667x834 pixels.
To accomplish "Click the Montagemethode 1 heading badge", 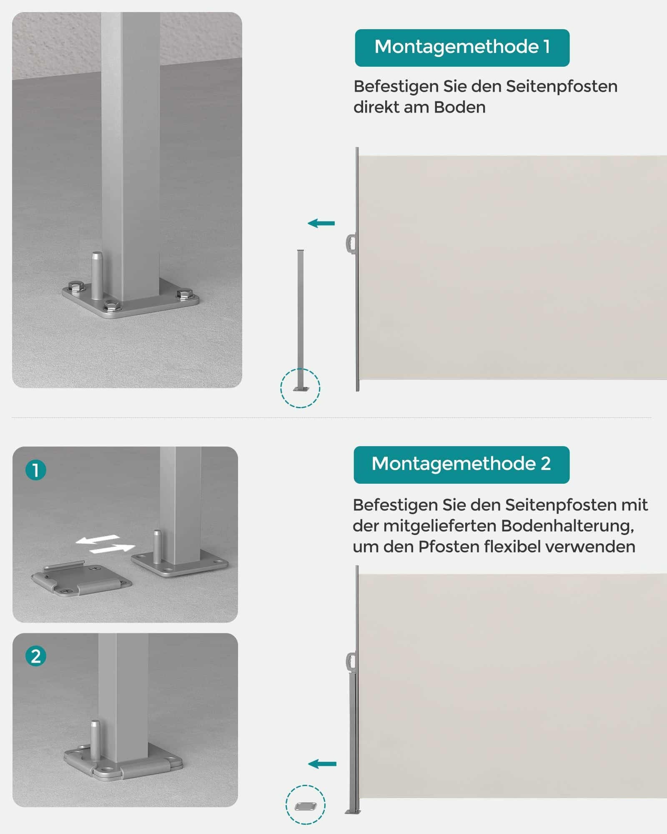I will [x=462, y=48].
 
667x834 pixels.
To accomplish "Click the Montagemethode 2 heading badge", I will [x=461, y=465].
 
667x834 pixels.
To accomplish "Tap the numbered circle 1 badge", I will [x=36, y=470].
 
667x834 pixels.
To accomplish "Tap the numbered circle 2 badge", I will [x=36, y=656].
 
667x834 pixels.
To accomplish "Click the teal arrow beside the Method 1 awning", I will [x=321, y=224].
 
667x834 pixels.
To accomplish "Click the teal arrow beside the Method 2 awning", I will [x=322, y=764].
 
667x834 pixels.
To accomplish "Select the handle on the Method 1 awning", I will [x=351, y=244].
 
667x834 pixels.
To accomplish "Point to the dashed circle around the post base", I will [x=300, y=388].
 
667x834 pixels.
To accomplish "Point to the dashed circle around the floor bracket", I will [x=306, y=805].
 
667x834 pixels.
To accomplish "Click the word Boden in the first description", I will [x=459, y=108].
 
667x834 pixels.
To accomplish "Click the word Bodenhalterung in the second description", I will [x=567, y=526].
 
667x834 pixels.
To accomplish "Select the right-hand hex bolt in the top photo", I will [x=183, y=294].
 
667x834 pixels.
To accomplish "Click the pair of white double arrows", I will [x=105, y=545].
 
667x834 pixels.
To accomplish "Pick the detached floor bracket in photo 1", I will [x=81, y=580].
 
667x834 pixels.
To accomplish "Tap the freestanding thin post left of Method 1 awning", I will [x=300, y=317].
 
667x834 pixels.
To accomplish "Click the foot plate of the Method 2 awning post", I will [x=353, y=811].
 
